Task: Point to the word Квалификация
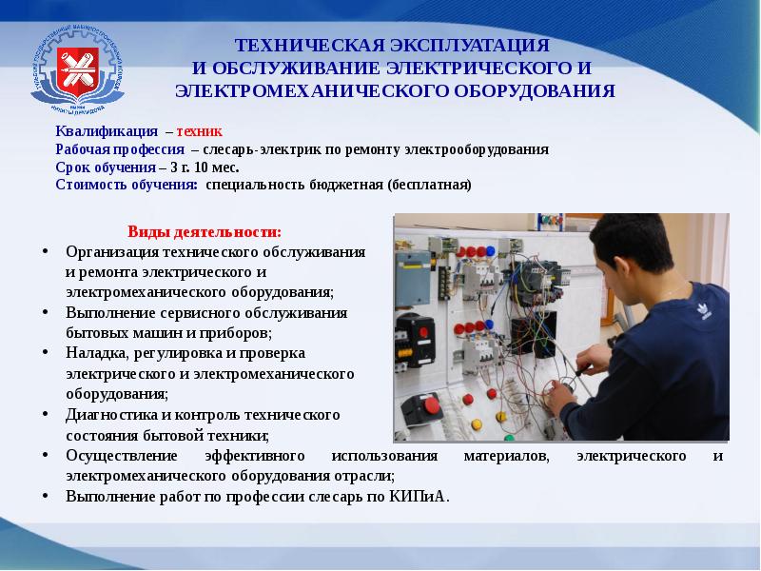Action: pyautogui.click(x=101, y=133)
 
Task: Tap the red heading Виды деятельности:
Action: pyautogui.click(x=205, y=232)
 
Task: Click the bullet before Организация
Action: pyautogui.click(x=47, y=251)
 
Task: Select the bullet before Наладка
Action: pyautogui.click(x=47, y=352)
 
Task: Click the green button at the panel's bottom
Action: pyautogui.click(x=509, y=437)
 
